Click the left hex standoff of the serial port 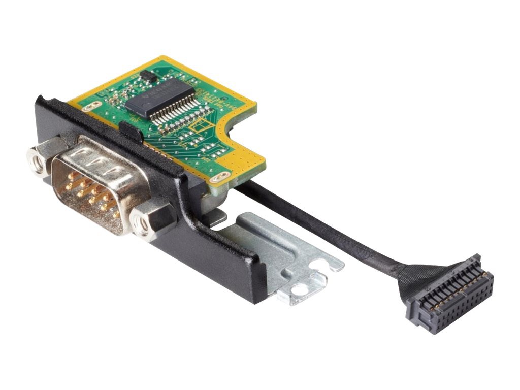39,162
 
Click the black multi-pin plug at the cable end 449,295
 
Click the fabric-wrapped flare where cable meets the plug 411,277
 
